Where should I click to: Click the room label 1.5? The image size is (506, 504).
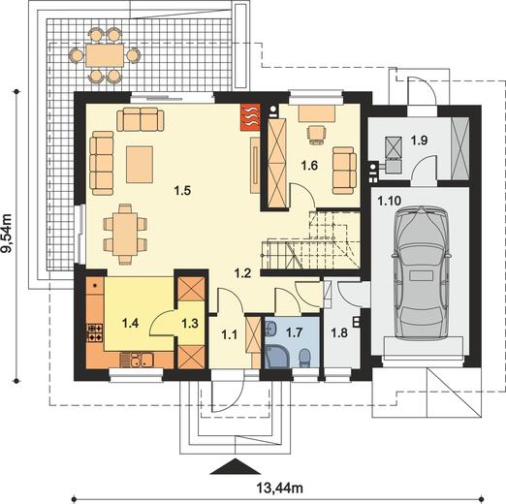click(182, 191)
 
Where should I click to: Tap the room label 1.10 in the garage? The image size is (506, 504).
click(390, 201)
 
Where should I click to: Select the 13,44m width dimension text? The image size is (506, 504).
click(280, 488)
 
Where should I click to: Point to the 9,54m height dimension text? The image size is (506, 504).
click(8, 233)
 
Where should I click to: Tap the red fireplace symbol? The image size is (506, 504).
click(250, 117)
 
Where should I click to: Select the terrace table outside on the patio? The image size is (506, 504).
click(105, 55)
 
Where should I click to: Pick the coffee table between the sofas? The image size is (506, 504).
click(140, 165)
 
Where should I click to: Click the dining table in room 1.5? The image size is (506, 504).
click(125, 234)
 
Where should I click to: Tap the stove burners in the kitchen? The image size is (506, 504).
click(95, 332)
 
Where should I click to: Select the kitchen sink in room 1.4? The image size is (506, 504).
click(142, 360)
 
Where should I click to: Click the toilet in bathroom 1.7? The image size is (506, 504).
click(304, 358)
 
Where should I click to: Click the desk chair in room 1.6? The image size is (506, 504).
click(316, 134)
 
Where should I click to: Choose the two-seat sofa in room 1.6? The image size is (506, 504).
click(344, 171)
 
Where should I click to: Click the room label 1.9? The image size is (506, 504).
click(419, 141)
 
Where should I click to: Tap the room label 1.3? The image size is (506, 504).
click(190, 323)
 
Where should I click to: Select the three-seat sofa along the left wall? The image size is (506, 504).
click(102, 163)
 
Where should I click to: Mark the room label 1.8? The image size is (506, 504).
click(339, 332)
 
